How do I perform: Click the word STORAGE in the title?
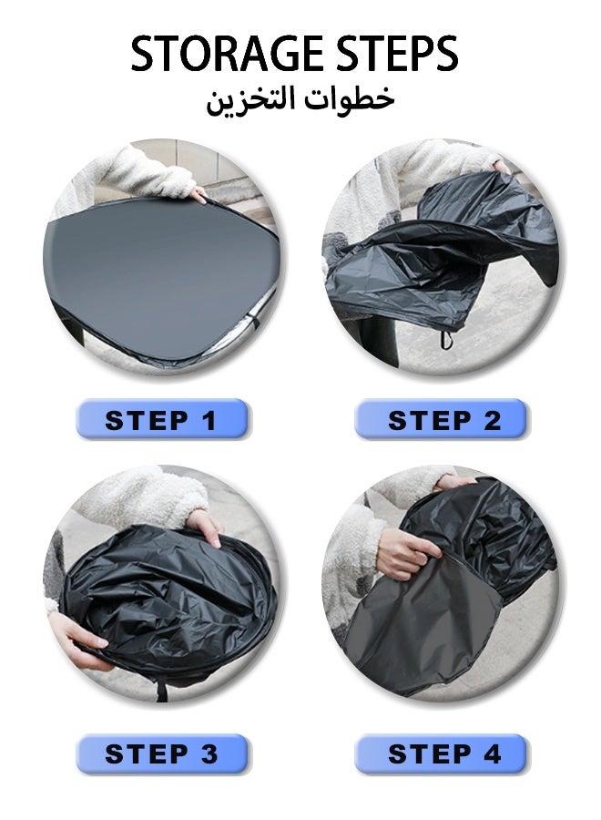coord(227,54)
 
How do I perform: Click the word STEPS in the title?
coord(397,54)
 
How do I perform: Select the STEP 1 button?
coord(161,418)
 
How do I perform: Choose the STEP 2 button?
coord(441,418)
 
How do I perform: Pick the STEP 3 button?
coord(161,753)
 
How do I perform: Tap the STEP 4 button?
coord(441,753)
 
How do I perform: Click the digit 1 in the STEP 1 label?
coord(210,421)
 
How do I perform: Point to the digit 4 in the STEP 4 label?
coord(492,754)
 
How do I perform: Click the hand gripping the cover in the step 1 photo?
coord(199,195)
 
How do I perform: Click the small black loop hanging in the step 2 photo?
coord(445,340)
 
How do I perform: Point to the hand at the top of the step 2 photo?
coord(501,167)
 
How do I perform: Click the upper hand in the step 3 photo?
coord(208,526)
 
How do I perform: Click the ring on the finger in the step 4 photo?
coord(415,559)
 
